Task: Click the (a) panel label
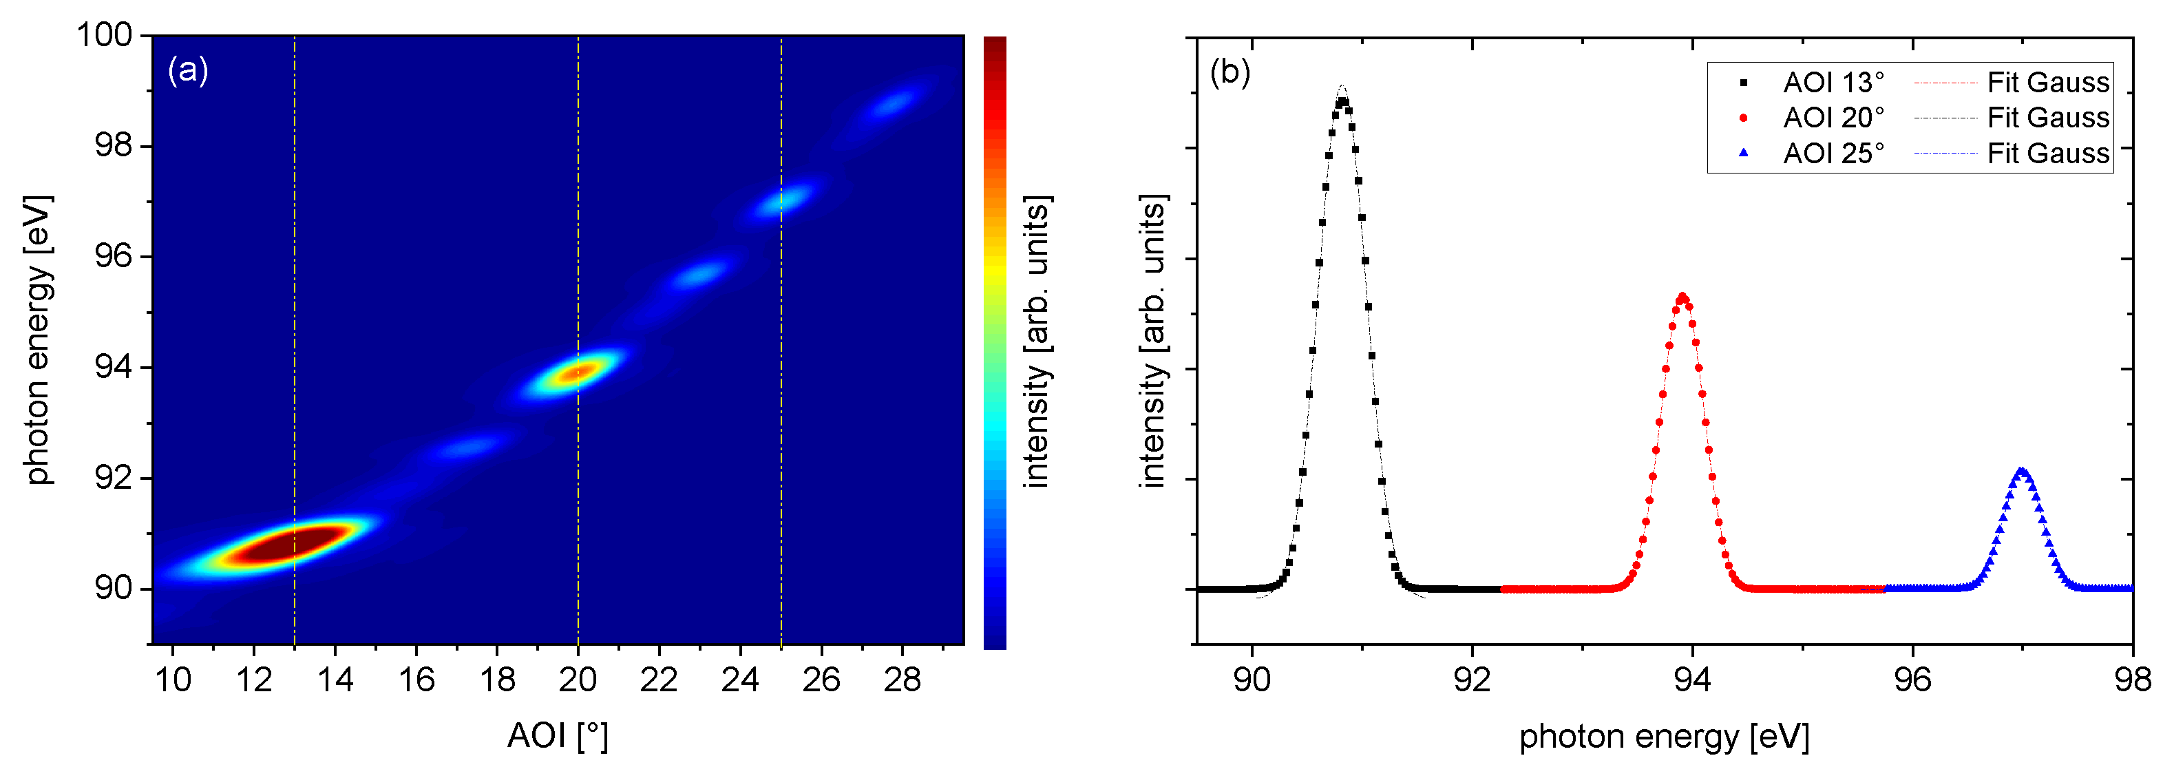pyautogui.click(x=187, y=70)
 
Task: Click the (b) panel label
pyautogui.click(x=1230, y=72)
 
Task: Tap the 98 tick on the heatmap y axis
pyautogui.click(x=113, y=146)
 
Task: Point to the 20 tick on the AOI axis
pyautogui.click(x=578, y=680)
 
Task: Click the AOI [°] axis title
pyautogui.click(x=557, y=736)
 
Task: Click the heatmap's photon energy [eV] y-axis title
pyautogui.click(x=37, y=339)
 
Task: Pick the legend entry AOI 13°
pyautogui.click(x=1833, y=83)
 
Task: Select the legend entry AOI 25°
pyautogui.click(x=1833, y=154)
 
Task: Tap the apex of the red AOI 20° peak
pyautogui.click(x=1682, y=297)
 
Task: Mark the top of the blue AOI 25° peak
pyautogui.click(x=2021, y=471)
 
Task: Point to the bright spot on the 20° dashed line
pyautogui.click(x=578, y=371)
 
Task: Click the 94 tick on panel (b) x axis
pyautogui.click(x=1692, y=680)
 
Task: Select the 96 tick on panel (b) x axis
pyautogui.click(x=1912, y=680)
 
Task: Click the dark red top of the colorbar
pyautogui.click(x=995, y=46)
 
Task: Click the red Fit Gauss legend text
pyautogui.click(x=2047, y=83)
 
